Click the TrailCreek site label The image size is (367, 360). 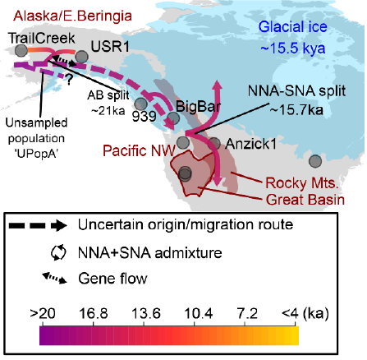pyautogui.click(x=42, y=38)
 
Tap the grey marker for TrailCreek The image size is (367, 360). pyautogui.click(x=21, y=51)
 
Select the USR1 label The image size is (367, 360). pyautogui.click(x=110, y=46)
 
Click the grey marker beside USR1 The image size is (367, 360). pyautogui.click(x=81, y=57)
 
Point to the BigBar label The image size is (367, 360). pyautogui.click(x=198, y=106)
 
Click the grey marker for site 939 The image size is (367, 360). pyautogui.click(x=141, y=104)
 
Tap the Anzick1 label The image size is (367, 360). pyautogui.click(x=250, y=144)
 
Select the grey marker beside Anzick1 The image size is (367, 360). pyautogui.click(x=214, y=143)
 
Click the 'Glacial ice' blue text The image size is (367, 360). pyautogui.click(x=293, y=27)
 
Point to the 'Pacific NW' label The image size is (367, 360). pyautogui.click(x=139, y=150)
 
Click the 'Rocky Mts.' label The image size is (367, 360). pyautogui.click(x=302, y=183)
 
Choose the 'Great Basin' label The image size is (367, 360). pyautogui.click(x=305, y=200)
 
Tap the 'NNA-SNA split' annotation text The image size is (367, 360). pyautogui.click(x=296, y=91)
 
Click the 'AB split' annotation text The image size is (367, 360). pyautogui.click(x=108, y=95)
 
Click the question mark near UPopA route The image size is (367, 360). pyautogui.click(x=69, y=80)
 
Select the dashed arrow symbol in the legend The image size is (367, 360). pyautogui.click(x=38, y=225)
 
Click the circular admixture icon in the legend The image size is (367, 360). pyautogui.click(x=58, y=252)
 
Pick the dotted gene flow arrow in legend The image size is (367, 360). pyautogui.click(x=54, y=278)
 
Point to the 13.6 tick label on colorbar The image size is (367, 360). pyautogui.click(x=146, y=313)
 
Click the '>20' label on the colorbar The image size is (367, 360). pyautogui.click(x=43, y=313)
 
